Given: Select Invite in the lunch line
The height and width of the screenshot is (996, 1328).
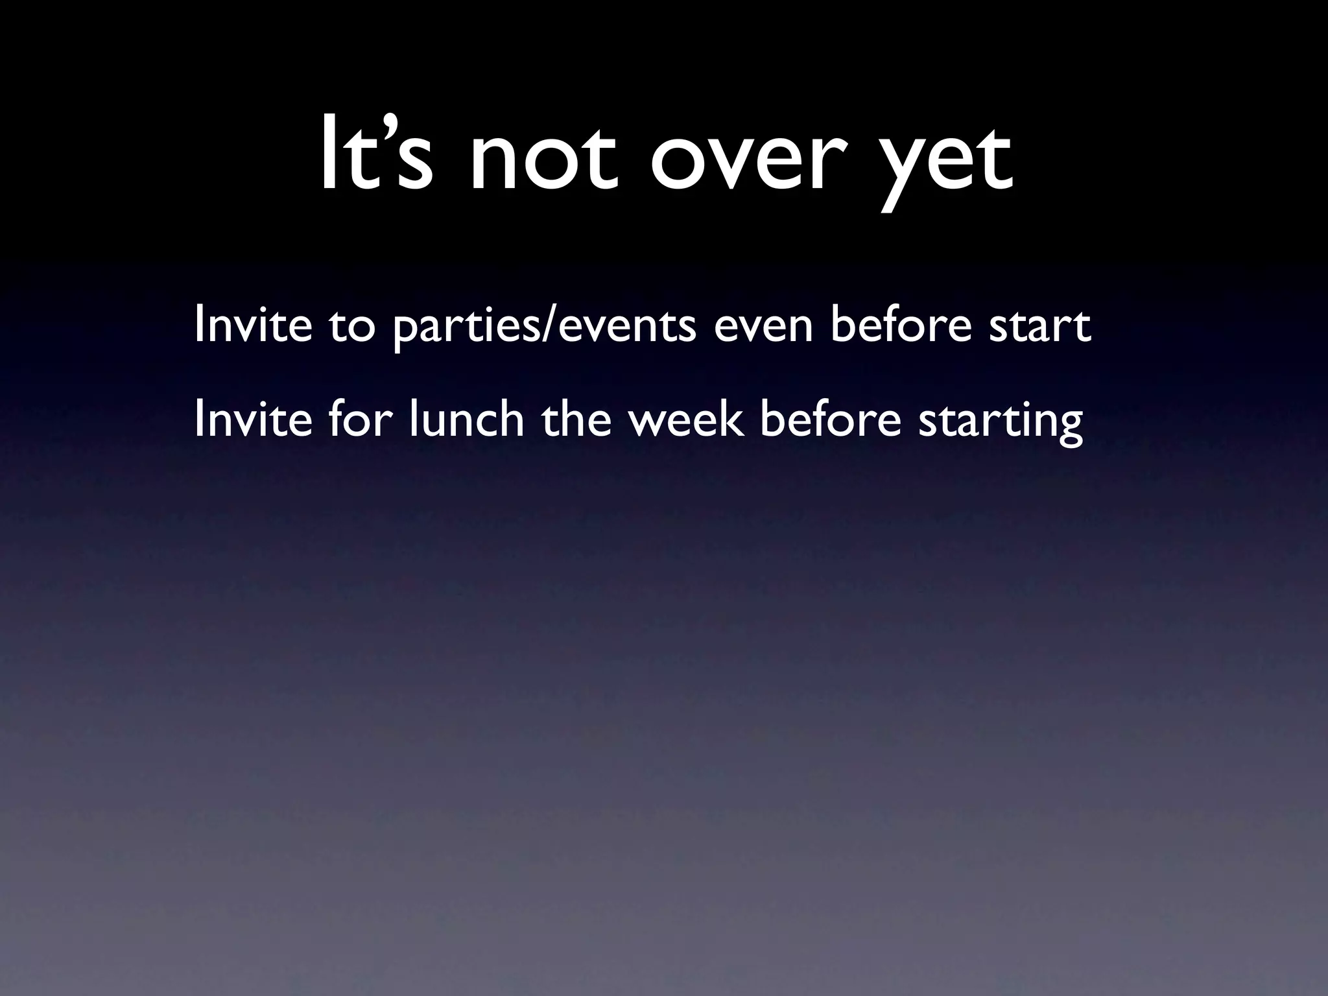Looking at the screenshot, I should point(253,420).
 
